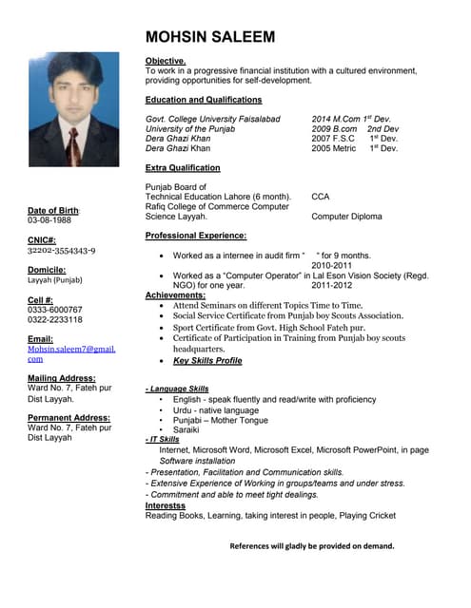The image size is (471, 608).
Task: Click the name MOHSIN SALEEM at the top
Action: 210,37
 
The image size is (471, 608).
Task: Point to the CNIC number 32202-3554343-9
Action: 62,251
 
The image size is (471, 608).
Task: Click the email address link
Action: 70,353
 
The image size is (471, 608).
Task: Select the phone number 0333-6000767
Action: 55,310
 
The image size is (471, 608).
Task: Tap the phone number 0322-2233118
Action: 55,320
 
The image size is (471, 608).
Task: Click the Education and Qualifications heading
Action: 204,100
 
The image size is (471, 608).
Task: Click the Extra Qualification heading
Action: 183,168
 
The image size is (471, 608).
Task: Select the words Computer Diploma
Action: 346,217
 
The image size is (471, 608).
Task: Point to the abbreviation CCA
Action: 321,197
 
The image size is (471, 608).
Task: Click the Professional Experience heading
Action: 196,236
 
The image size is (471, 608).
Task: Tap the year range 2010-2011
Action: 331,266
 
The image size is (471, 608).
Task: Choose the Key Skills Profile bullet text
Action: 207,361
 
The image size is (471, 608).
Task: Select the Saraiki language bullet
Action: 186,429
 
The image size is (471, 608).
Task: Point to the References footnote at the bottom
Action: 311,546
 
